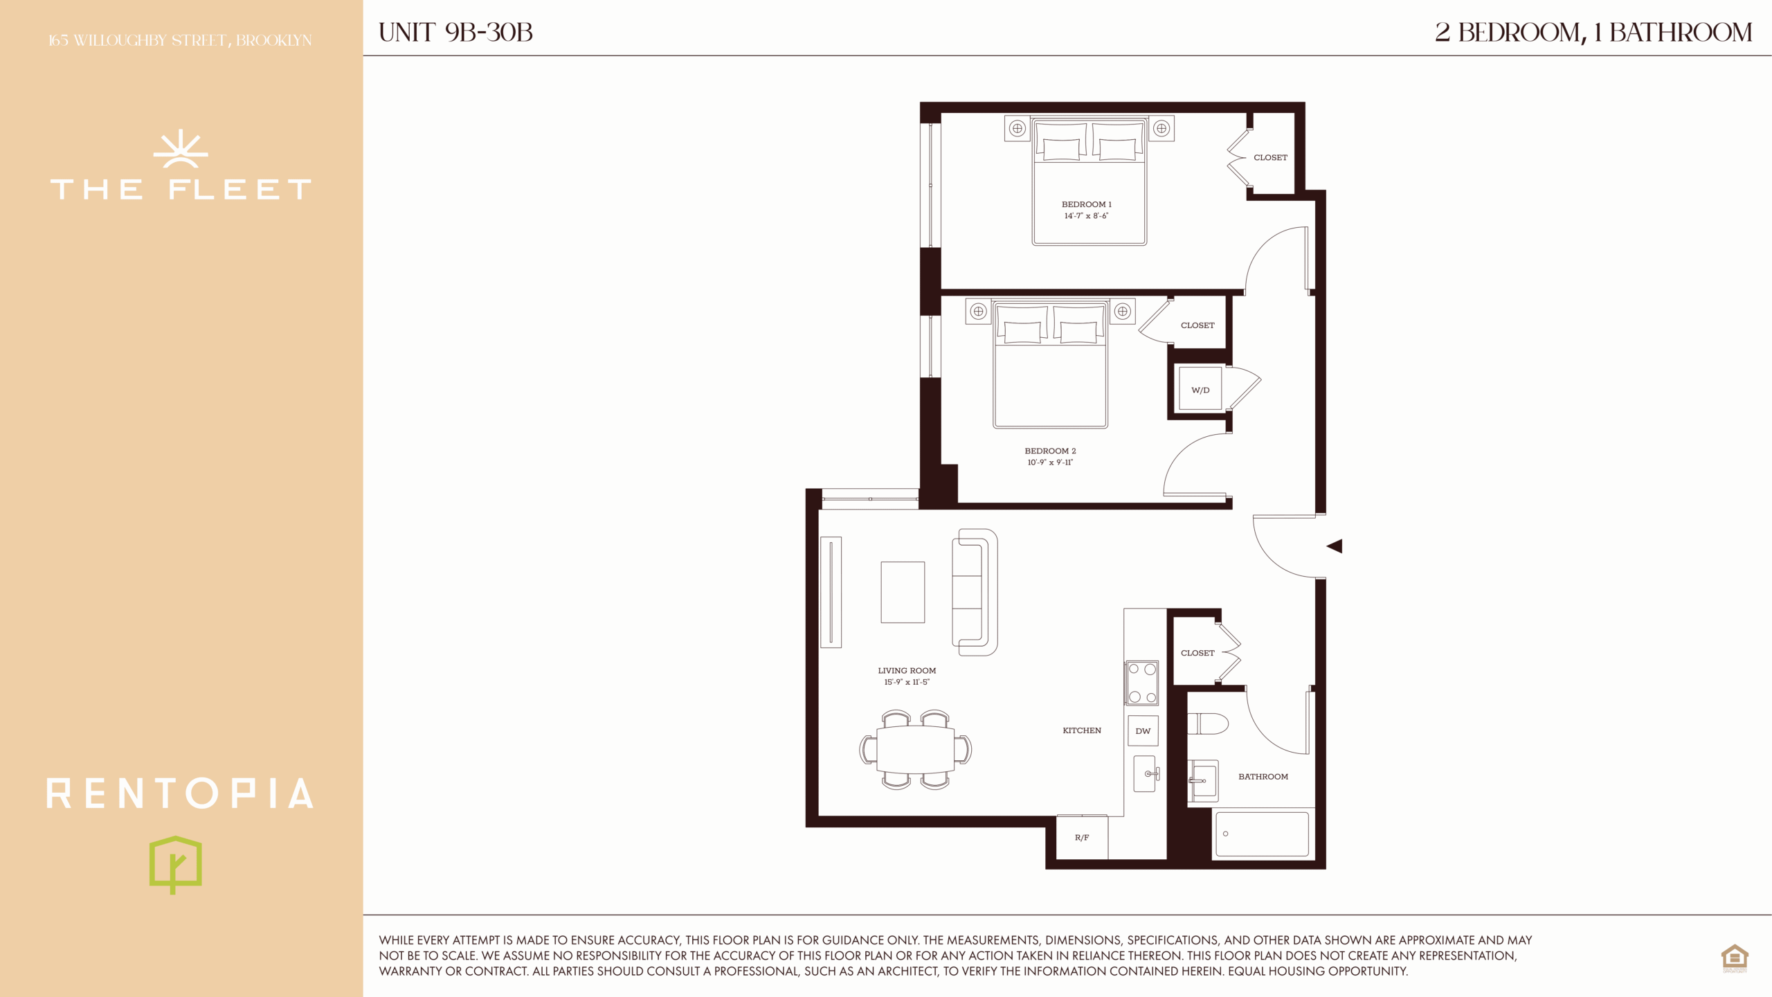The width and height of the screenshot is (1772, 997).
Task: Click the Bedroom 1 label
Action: coord(1086,204)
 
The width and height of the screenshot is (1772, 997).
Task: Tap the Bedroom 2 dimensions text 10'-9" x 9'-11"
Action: coord(1050,462)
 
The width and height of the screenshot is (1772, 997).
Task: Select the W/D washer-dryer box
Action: coord(1200,390)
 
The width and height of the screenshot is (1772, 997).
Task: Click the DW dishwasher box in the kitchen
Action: coord(1143,730)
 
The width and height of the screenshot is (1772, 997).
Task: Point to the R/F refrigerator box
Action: coord(1082,837)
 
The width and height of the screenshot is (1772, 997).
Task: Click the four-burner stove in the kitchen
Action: coord(1142,683)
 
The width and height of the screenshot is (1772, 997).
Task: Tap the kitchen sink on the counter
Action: coord(1146,773)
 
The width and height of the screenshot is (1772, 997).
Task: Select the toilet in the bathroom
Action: coord(1208,724)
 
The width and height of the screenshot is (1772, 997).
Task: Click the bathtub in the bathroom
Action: coord(1262,834)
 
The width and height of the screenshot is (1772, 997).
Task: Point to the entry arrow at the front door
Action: coord(1335,546)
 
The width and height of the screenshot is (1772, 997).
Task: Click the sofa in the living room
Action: coord(975,592)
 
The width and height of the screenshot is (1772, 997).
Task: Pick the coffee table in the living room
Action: coord(903,592)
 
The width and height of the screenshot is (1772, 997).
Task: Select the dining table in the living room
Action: coord(915,749)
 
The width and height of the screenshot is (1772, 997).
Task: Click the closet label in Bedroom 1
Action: coord(1270,158)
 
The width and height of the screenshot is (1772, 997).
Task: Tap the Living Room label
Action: coord(907,671)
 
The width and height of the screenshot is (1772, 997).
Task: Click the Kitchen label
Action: coord(1082,730)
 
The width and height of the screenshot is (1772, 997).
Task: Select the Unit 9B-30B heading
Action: coord(455,33)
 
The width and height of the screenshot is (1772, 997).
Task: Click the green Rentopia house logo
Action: coord(176,865)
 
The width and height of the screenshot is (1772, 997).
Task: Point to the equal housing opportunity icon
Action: coord(1735,958)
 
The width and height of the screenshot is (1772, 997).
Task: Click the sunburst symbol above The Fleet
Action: coord(181,148)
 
